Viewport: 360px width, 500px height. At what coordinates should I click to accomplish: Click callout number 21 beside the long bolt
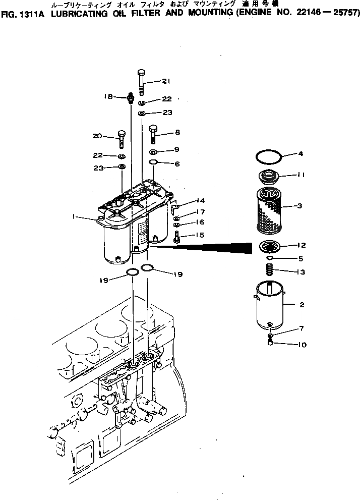(x=166, y=82)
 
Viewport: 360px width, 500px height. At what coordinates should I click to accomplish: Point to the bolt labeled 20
(x=122, y=140)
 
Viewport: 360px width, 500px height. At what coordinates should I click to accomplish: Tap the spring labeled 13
(x=270, y=271)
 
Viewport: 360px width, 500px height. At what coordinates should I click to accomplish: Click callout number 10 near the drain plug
(x=302, y=346)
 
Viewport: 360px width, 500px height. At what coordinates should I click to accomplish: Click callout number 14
(x=201, y=200)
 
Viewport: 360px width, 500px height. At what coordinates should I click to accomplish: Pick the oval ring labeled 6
(x=154, y=163)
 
